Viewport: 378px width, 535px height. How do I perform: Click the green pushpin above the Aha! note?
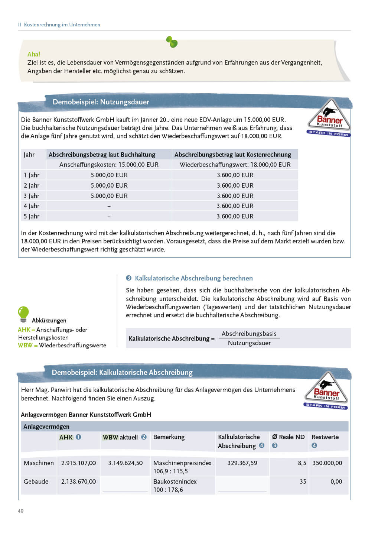click(x=172, y=42)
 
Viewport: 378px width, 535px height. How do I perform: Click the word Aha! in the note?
click(x=34, y=54)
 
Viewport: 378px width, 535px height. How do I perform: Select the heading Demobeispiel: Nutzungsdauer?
click(x=101, y=102)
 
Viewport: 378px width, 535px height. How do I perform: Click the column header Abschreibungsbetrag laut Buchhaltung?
click(x=102, y=155)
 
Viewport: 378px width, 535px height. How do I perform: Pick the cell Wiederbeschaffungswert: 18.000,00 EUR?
click(x=235, y=165)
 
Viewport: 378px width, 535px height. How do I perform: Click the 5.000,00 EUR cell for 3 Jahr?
click(x=109, y=196)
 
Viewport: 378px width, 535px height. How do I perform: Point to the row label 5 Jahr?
click(x=32, y=216)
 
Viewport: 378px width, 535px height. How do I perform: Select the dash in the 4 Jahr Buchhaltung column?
click(x=109, y=206)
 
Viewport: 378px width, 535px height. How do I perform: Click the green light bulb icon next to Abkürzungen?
click(x=23, y=314)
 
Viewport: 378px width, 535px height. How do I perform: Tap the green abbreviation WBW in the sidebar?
click(x=25, y=346)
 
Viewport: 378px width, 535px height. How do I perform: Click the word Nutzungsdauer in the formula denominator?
click(x=249, y=343)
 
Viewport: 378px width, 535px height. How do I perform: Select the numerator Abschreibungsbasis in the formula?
click(x=249, y=334)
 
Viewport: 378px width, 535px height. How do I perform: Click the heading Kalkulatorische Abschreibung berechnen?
click(x=193, y=278)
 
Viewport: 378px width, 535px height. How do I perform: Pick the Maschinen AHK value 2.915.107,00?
click(x=78, y=463)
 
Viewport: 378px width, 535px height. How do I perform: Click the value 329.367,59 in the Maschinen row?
click(x=242, y=463)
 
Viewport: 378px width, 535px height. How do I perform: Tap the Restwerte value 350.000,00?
click(x=327, y=463)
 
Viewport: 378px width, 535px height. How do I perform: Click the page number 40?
click(x=21, y=511)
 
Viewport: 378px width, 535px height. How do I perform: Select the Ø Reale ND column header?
click(x=288, y=437)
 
